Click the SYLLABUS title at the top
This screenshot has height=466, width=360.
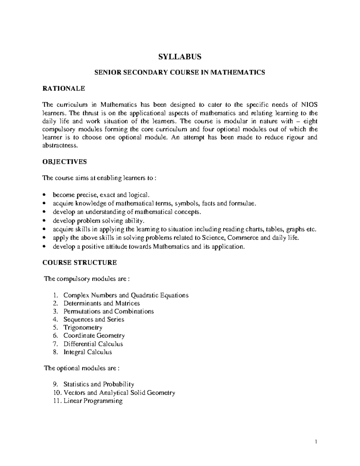point(180,56)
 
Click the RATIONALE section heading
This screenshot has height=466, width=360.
point(64,89)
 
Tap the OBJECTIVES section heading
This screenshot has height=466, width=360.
point(64,162)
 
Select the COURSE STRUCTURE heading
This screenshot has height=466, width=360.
point(79,263)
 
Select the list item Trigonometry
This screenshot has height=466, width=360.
point(83,327)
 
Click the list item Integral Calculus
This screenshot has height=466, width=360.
point(88,352)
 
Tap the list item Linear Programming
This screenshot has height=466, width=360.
point(93,401)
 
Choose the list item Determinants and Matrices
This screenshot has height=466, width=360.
point(102,303)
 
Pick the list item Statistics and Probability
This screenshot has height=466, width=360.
point(99,384)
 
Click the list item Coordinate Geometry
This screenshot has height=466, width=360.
point(94,335)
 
